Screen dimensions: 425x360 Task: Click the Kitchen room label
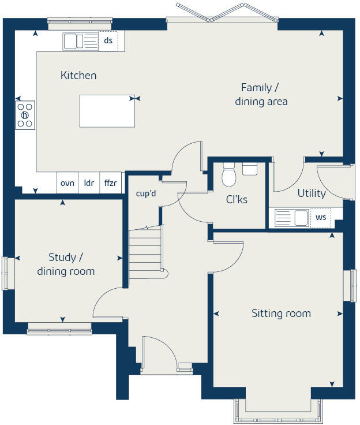[78, 76]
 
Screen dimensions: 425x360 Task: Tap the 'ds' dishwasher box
[108, 40]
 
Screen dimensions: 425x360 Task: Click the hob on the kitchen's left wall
[25, 115]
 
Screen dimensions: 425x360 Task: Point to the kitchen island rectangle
[107, 111]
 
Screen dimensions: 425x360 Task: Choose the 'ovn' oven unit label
[67, 183]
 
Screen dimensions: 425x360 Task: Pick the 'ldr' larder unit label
[89, 183]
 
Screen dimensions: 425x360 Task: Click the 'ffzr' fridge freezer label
[110, 183]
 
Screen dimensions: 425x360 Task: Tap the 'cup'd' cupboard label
[145, 193]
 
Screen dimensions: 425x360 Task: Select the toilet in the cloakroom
[229, 175]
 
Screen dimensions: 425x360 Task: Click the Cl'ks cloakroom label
[237, 200]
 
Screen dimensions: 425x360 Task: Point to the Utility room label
[312, 193]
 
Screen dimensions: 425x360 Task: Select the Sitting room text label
[281, 314]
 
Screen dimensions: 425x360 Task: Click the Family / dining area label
[261, 95]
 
